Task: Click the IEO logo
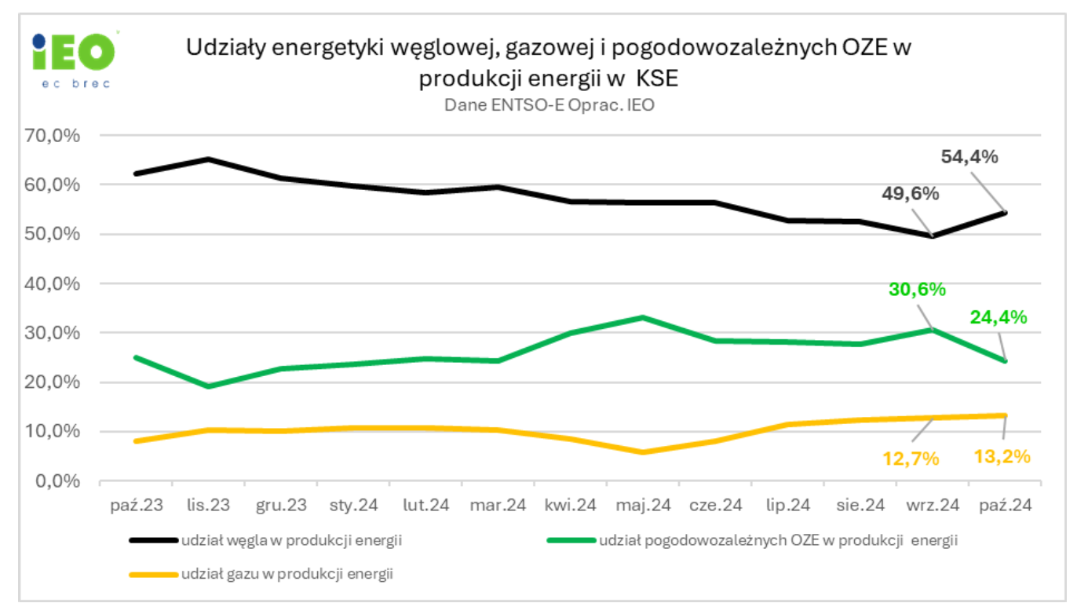(74, 58)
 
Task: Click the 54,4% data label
(969, 157)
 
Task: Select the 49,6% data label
(909, 193)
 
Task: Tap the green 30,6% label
(916, 289)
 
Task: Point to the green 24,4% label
(998, 317)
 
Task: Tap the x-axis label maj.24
(644, 506)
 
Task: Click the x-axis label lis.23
(208, 506)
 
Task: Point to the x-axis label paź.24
(1006, 506)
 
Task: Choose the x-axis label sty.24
(353, 506)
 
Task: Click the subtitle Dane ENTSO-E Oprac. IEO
(549, 104)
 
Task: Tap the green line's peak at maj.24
(643, 317)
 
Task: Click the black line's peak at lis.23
(208, 159)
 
